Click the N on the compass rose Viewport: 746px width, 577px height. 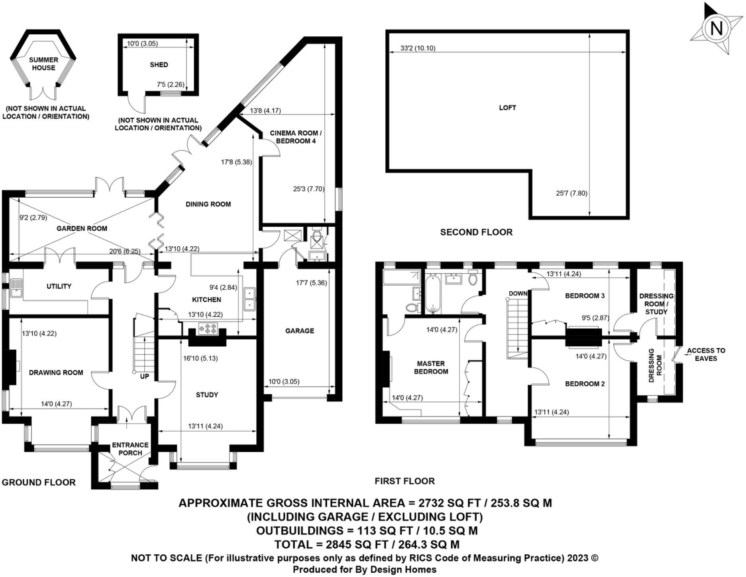pos(717,29)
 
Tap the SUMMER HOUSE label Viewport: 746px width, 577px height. pos(43,64)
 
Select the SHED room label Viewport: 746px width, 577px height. pos(159,65)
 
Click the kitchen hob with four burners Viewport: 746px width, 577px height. pos(208,329)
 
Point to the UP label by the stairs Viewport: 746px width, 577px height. pos(144,376)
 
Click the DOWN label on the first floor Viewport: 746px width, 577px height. pos(518,294)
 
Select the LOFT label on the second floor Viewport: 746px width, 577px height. pos(507,108)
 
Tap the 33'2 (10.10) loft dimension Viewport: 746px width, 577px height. pos(418,48)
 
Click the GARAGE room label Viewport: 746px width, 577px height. pos(299,331)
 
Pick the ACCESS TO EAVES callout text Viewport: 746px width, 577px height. pos(706,355)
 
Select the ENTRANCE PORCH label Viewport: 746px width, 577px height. pos(130,449)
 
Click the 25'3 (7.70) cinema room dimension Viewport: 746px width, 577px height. pos(308,189)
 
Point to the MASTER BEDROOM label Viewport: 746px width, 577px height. pos(431,367)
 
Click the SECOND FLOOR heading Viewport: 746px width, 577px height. pos(476,232)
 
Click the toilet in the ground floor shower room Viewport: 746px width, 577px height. pos(317,235)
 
